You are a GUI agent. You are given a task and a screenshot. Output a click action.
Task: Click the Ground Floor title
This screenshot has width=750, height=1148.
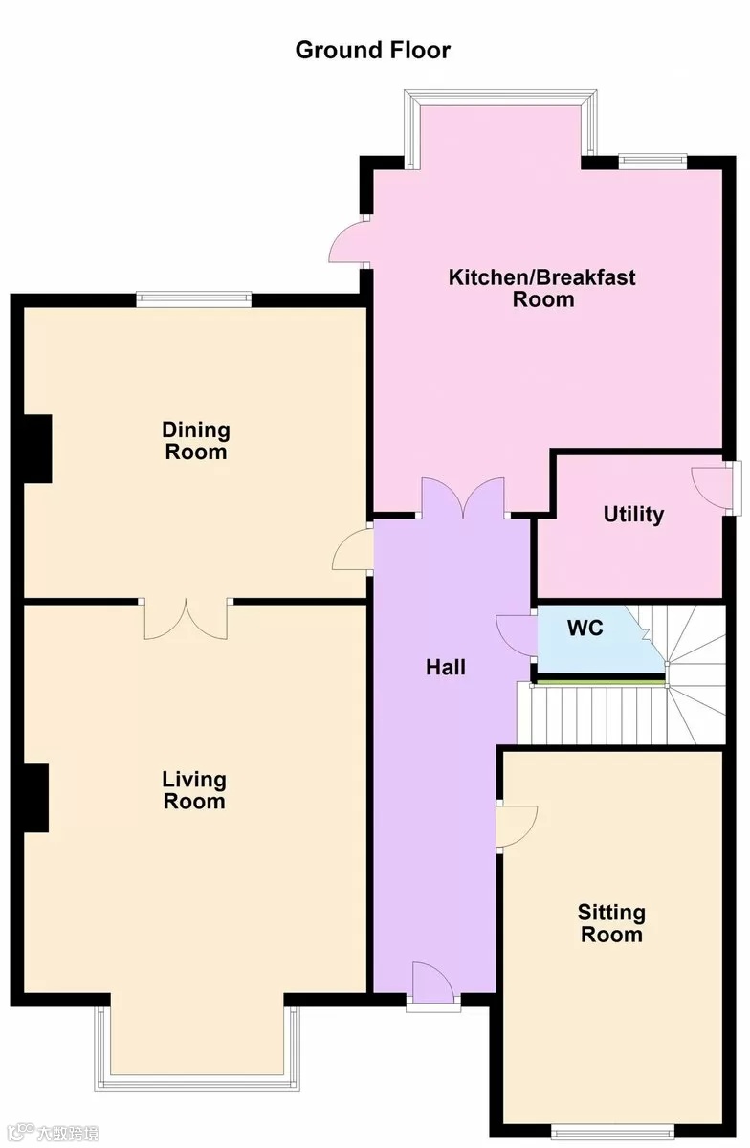[373, 50]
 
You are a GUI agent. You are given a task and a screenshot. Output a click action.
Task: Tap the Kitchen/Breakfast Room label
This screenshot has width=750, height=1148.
[541, 288]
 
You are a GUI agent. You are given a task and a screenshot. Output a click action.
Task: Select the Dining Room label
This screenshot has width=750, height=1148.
[196, 441]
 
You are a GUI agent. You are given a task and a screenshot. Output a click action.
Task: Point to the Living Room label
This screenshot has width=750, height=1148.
[194, 790]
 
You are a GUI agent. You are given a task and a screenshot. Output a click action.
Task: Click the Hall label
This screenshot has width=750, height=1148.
[446, 668]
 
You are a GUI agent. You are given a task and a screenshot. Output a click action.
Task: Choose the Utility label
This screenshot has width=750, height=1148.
[633, 514]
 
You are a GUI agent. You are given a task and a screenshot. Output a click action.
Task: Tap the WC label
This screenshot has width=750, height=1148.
[585, 628]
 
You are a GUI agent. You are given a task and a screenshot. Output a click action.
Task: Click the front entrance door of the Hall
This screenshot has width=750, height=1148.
[433, 981]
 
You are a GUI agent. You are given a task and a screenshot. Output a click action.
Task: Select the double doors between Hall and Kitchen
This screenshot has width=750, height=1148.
[463, 497]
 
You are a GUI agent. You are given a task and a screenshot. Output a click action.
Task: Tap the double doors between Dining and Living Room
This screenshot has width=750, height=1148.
[186, 619]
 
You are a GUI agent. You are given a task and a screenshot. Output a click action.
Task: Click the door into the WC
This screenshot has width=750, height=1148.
[517, 635]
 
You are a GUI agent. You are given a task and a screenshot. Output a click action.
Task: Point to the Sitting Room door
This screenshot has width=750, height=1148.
[517, 826]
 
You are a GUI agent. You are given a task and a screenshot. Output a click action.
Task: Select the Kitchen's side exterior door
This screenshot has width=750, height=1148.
[348, 242]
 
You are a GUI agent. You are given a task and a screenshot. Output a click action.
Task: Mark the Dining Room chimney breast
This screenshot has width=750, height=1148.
[38, 449]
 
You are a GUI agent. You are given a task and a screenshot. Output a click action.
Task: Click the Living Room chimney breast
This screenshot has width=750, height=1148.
[36, 798]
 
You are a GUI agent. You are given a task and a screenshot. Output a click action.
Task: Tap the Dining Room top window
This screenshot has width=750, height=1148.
[194, 299]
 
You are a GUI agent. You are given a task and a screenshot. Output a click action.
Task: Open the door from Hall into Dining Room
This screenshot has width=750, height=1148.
[353, 549]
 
